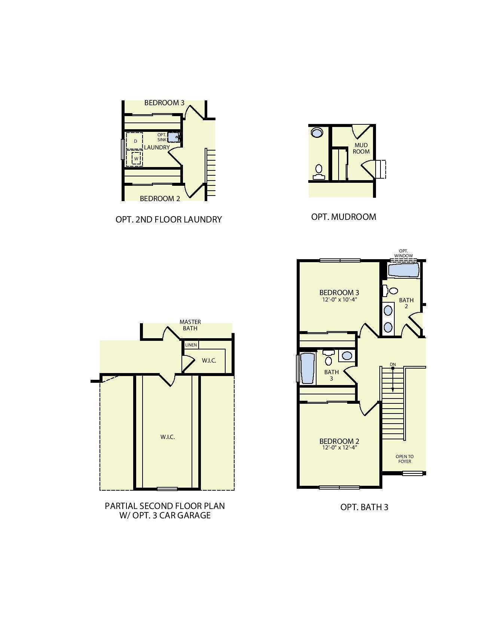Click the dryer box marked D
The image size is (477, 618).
tap(134, 141)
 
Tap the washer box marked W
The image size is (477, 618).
tap(136, 158)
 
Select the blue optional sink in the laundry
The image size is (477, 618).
tap(173, 137)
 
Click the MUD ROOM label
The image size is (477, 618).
tap(361, 148)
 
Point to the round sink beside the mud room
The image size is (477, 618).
tap(317, 133)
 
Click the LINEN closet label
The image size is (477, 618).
tap(191, 345)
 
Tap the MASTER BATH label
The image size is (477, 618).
tap(190, 325)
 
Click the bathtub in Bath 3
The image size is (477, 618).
tap(308, 369)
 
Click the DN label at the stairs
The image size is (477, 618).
tap(392, 364)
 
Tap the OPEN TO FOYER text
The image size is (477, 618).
tap(404, 459)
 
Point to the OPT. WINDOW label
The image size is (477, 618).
tap(403, 254)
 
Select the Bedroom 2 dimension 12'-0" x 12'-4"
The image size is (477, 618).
tap(339, 447)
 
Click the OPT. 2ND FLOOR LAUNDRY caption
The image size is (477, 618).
tap(169, 219)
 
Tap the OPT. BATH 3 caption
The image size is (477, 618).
tap(364, 507)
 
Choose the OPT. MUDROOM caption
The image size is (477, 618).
tap(343, 217)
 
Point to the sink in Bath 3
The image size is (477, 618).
tap(347, 355)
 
